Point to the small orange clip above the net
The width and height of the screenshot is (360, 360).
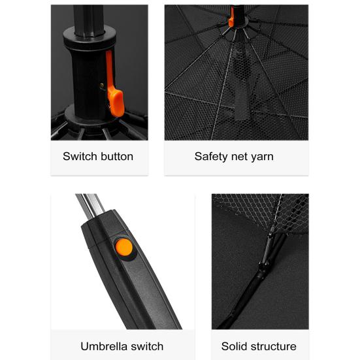pos(231,22)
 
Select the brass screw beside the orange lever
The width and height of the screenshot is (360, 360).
pos(101,84)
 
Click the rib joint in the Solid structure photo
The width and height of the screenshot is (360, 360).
pos(265,265)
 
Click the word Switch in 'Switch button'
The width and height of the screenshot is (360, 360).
pos(79,156)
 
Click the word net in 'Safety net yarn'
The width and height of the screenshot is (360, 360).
pos(239,156)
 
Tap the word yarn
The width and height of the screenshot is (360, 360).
pos(262,156)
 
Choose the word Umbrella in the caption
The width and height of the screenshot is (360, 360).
pos(104,346)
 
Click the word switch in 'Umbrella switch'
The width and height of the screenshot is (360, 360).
pos(147,346)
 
